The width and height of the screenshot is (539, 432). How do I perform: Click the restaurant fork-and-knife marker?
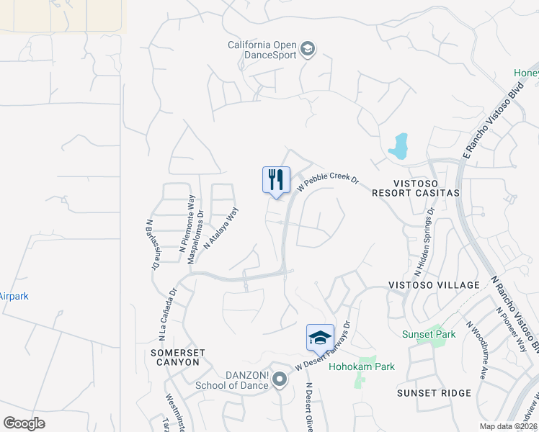point(276,180)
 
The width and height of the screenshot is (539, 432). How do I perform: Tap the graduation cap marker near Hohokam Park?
point(320,337)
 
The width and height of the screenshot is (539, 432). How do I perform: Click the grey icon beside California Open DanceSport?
point(308,49)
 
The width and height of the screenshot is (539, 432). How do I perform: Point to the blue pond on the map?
point(398,146)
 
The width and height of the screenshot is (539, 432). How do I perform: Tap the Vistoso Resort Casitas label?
point(415,188)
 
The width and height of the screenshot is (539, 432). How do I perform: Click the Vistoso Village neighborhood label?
point(434,285)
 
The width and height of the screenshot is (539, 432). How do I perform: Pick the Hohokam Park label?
point(362,366)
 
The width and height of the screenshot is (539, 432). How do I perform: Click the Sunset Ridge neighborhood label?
point(434,393)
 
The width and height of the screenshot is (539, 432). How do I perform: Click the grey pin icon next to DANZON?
point(278,384)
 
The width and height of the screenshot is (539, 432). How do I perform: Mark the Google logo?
point(24,423)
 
